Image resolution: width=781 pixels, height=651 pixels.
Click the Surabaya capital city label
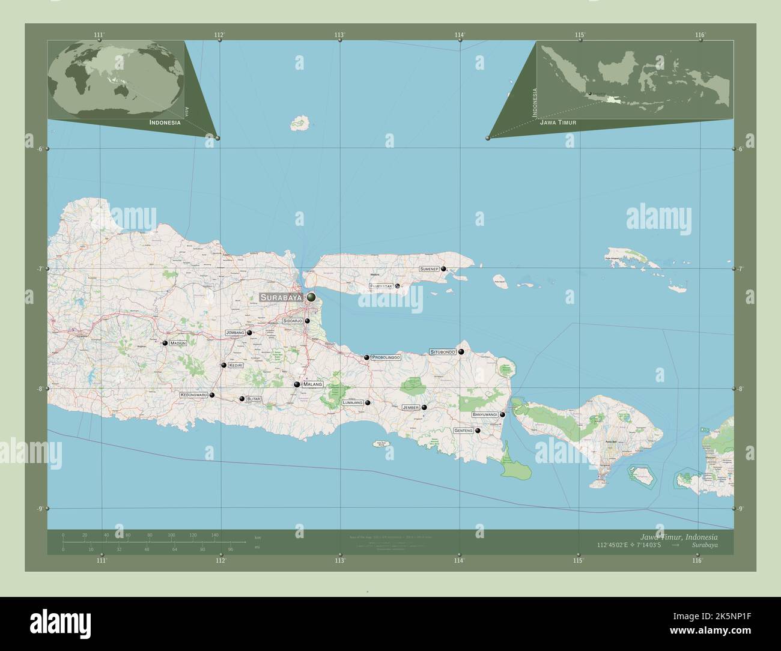(x=281, y=297)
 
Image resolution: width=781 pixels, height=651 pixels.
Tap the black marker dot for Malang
(x=297, y=384)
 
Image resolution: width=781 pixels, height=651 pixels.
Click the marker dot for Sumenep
(x=443, y=269)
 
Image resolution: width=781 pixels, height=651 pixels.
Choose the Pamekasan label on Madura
(x=381, y=286)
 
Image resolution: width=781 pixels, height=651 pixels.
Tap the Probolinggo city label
(x=386, y=357)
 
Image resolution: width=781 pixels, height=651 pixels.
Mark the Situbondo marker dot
(x=461, y=352)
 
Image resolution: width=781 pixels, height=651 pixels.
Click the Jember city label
(x=410, y=407)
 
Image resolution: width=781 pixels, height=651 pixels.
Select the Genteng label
(x=463, y=431)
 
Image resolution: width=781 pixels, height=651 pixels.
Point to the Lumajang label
(x=352, y=403)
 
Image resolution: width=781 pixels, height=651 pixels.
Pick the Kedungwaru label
(x=193, y=395)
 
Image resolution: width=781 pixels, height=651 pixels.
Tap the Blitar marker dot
(x=242, y=399)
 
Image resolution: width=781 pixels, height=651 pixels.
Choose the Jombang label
(x=235, y=332)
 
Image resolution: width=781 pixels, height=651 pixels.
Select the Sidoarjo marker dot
(x=307, y=321)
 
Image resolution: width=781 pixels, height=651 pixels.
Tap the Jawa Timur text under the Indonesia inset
(x=558, y=122)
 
